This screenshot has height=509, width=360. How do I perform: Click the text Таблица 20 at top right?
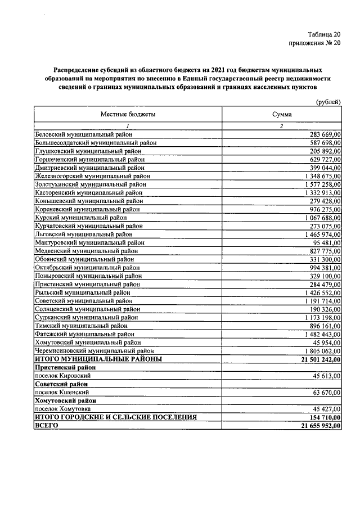[x=324, y=34]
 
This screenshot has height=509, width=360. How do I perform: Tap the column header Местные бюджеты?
[x=128, y=114]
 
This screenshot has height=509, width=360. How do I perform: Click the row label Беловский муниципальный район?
[x=84, y=134]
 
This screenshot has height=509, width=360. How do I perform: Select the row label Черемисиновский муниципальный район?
[x=94, y=350]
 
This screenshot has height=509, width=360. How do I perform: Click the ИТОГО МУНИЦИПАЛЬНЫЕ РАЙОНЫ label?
[x=98, y=359]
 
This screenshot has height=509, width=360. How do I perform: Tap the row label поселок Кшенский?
[x=61, y=392]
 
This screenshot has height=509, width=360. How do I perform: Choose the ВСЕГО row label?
[x=47, y=426]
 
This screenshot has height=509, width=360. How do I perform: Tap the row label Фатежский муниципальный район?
[x=84, y=334]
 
